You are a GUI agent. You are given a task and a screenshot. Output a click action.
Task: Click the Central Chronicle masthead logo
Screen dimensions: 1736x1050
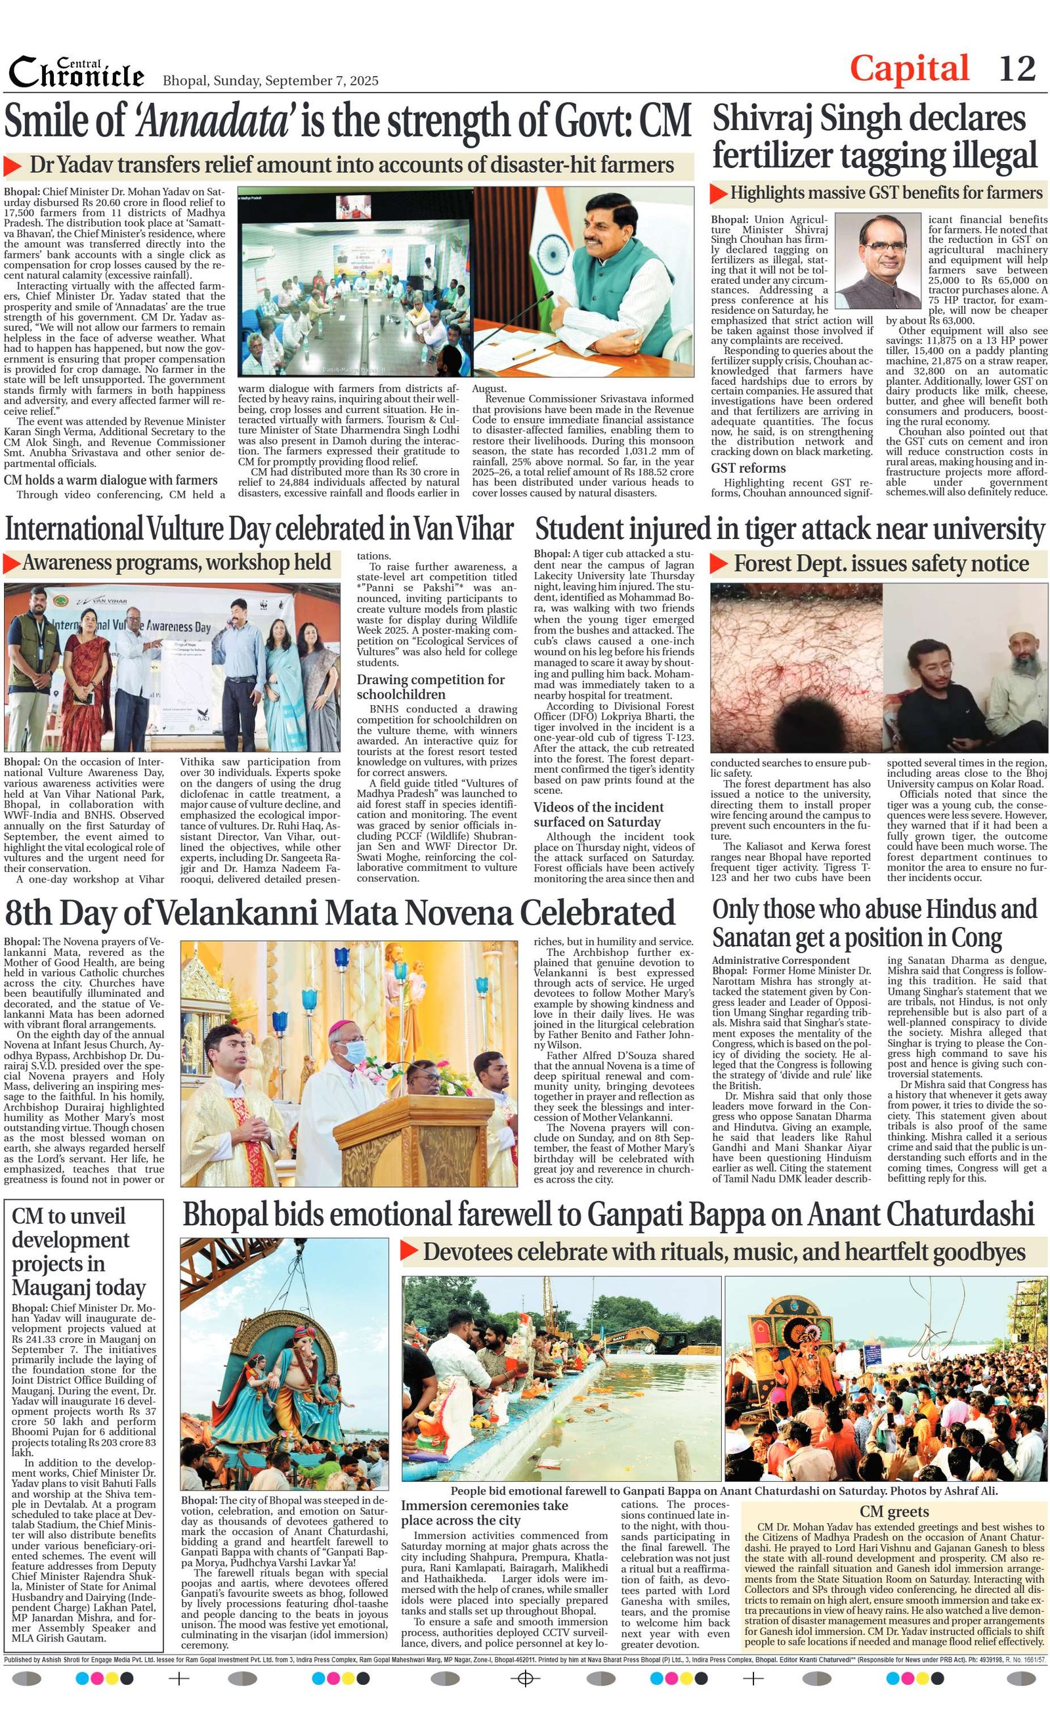pos(76,73)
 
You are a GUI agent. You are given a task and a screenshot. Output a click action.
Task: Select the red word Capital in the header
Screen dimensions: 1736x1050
pos(909,69)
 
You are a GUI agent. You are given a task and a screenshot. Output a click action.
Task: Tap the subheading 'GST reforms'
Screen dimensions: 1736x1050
pos(748,468)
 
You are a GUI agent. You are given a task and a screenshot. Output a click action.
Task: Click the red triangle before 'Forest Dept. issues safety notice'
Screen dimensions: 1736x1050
pos(719,563)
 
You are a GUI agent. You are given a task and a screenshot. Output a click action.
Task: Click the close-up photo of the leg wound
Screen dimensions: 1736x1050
pos(795,667)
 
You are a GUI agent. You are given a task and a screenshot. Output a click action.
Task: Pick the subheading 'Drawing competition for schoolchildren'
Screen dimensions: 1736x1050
pos(430,686)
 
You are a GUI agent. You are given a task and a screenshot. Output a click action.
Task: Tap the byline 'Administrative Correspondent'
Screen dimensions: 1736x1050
pos(780,961)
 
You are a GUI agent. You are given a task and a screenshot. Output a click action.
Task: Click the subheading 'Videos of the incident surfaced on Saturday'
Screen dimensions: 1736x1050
pos(598,814)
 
